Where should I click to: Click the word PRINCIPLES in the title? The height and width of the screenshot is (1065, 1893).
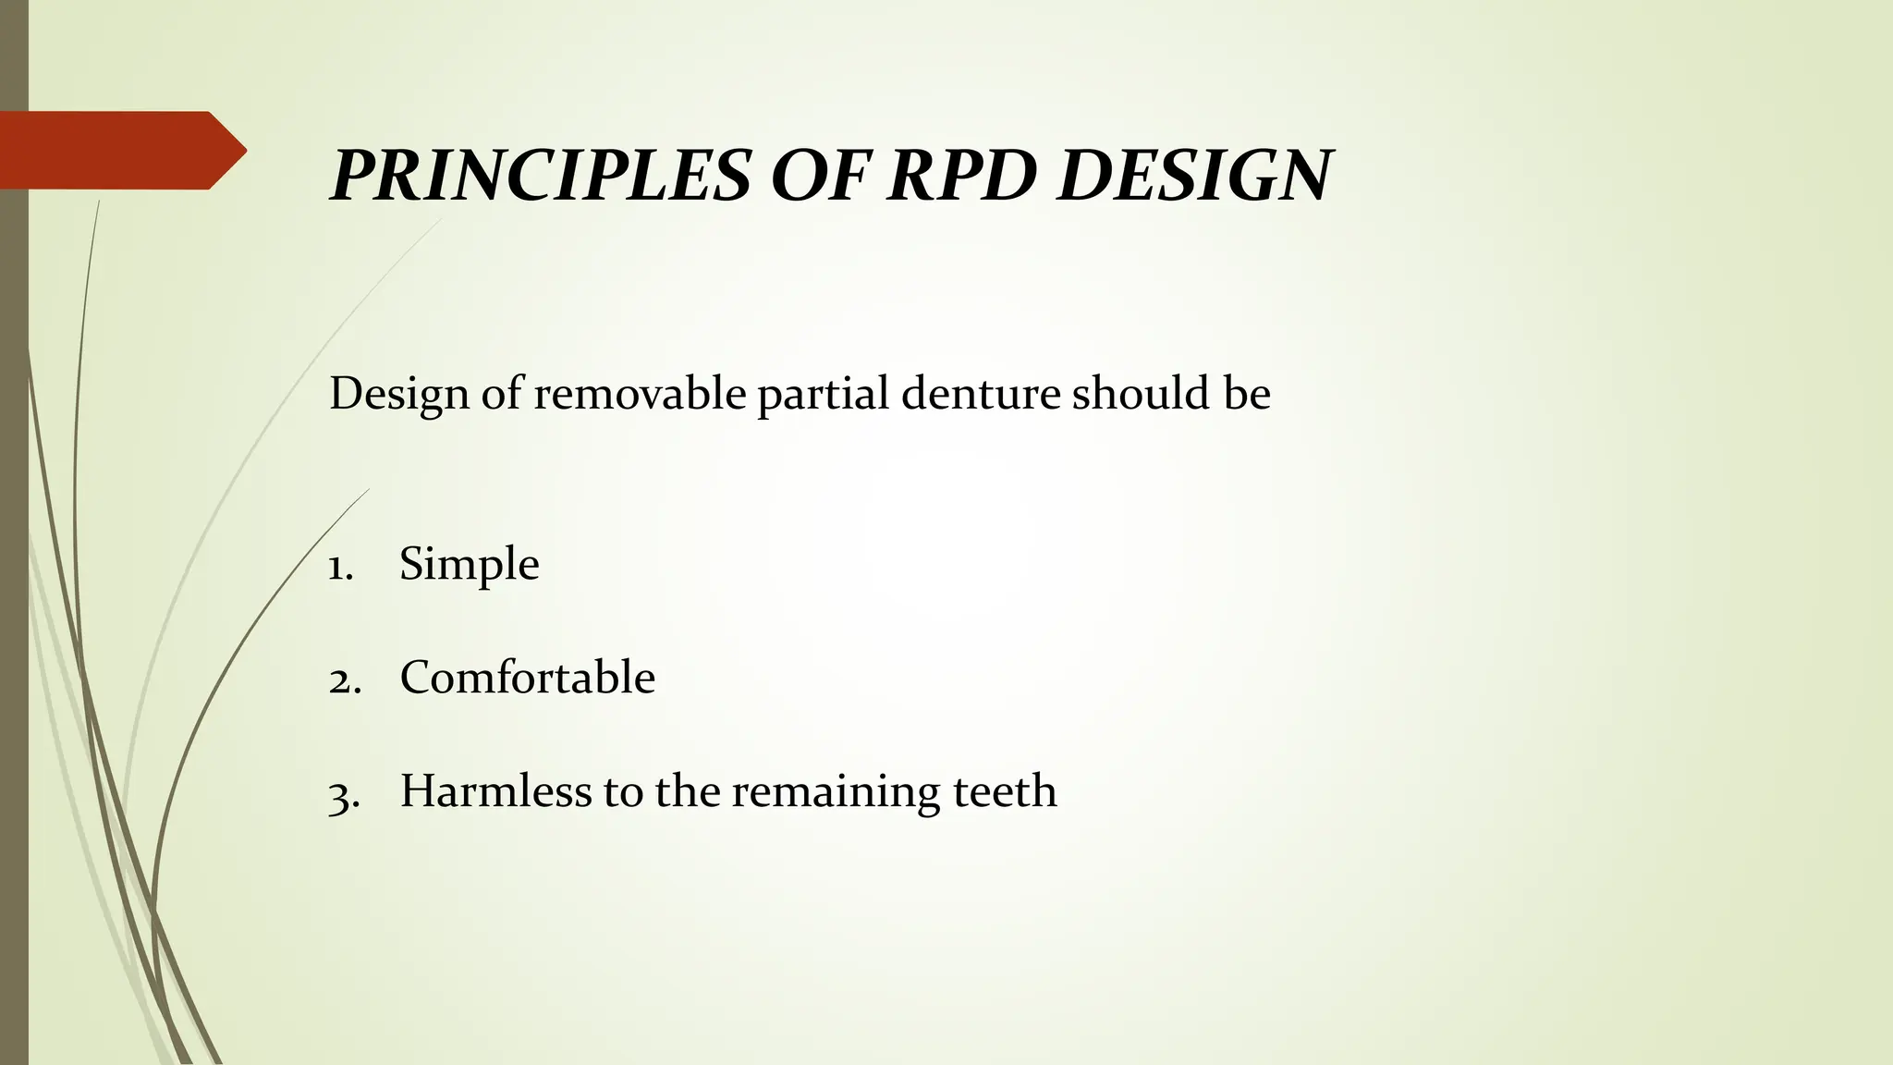pos(540,175)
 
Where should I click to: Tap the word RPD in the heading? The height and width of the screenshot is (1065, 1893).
pos(958,175)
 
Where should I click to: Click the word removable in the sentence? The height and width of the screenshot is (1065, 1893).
pos(640,394)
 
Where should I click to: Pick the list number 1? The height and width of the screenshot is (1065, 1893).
pos(340,567)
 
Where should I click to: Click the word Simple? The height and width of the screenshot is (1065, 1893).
pos(469,565)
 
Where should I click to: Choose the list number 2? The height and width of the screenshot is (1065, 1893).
pos(342,680)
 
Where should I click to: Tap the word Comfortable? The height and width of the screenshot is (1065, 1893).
pos(527,678)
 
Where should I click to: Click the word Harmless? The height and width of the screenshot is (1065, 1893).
pos(495,791)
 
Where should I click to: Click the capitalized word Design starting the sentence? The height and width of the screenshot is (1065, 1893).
pos(398,396)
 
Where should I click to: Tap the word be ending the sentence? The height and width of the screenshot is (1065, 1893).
pos(1247,394)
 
